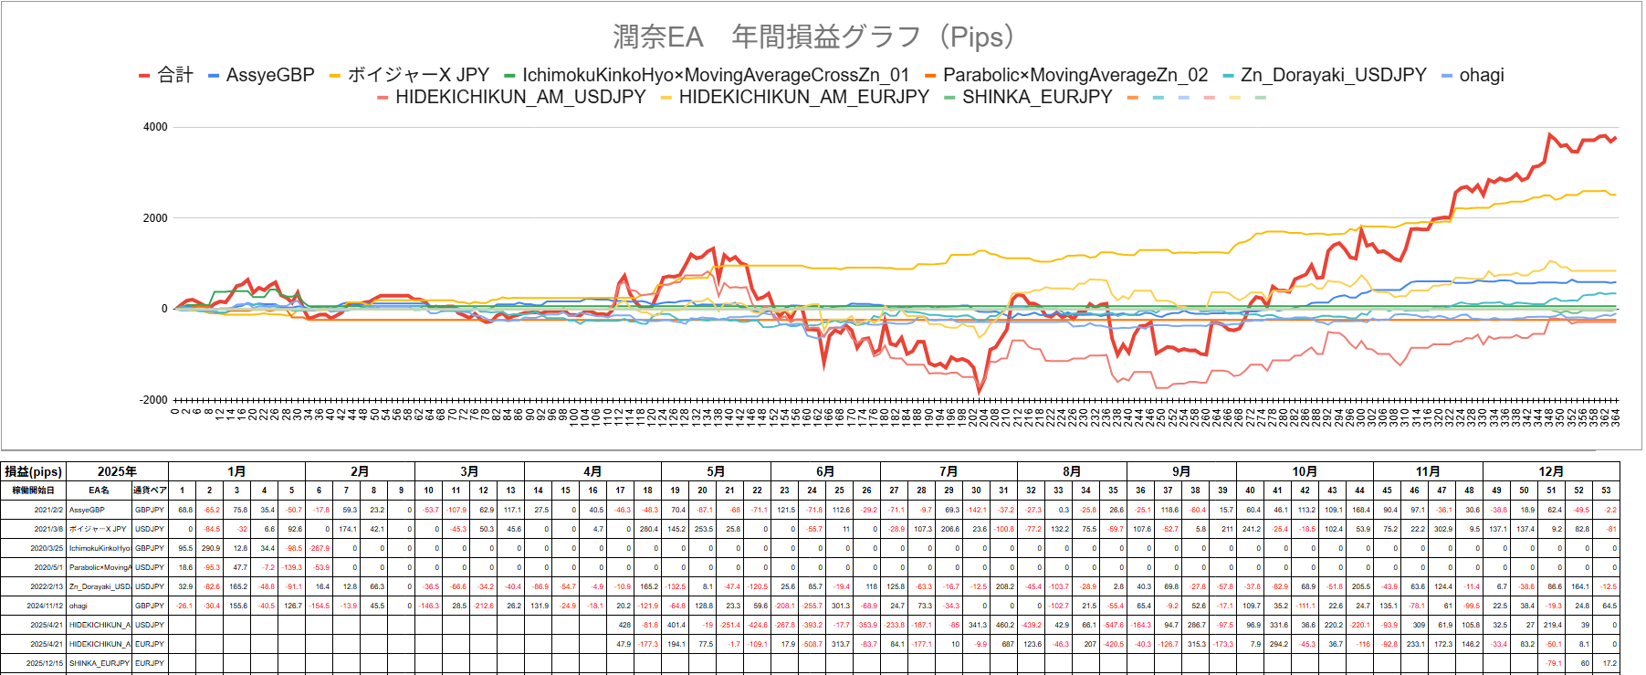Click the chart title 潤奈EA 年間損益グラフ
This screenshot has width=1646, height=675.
tap(813, 37)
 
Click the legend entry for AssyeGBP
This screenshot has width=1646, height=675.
tap(269, 76)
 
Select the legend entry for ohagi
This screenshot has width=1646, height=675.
tap(1481, 76)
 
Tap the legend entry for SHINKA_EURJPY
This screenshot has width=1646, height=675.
tap(1036, 97)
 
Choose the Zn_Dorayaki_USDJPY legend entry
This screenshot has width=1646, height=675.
tap(1332, 76)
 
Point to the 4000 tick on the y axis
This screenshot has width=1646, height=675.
tap(155, 127)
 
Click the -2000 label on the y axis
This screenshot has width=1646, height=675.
tap(153, 400)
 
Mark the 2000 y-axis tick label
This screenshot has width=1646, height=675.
tap(155, 218)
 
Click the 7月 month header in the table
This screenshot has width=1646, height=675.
tap(949, 471)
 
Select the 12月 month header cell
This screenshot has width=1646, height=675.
tap(1551, 471)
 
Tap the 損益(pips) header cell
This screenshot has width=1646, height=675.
tap(34, 471)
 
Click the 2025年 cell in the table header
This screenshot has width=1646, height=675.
tap(117, 471)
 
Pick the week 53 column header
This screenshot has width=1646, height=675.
tap(1606, 490)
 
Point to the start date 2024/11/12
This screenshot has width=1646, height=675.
tap(45, 606)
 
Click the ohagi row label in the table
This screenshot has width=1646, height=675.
tap(79, 606)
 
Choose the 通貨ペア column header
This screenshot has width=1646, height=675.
tap(150, 490)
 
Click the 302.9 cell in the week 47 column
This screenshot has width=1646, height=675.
tap(1442, 529)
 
